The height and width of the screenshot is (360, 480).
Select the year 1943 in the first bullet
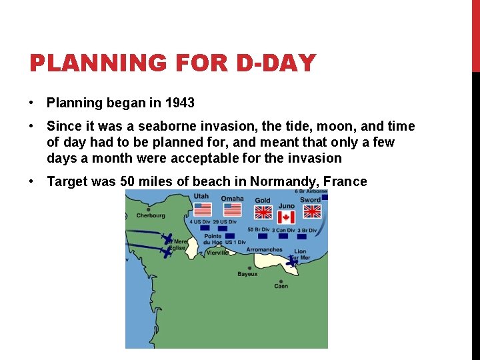pyautogui.click(x=180, y=103)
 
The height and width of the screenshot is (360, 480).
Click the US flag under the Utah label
pyautogui.click(x=202, y=209)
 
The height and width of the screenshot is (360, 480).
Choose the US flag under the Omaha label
pyautogui.click(x=232, y=209)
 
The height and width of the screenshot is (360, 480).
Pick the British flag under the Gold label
pyautogui.click(x=263, y=212)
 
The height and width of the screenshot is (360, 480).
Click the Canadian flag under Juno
pyautogui.click(x=286, y=217)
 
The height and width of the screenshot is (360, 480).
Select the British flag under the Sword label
pyautogui.click(x=312, y=211)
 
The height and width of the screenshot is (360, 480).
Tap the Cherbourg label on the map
pyautogui.click(x=151, y=215)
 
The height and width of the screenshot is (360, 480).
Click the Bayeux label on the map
pyautogui.click(x=247, y=273)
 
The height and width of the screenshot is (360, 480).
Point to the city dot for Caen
pyautogui.click(x=281, y=281)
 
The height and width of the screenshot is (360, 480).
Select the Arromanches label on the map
pyautogui.click(x=264, y=249)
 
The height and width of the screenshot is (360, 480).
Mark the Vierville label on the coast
pyautogui.click(x=217, y=253)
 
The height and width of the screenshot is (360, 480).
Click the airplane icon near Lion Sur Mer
pyautogui.click(x=292, y=261)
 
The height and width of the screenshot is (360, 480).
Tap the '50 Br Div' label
pyautogui.click(x=258, y=230)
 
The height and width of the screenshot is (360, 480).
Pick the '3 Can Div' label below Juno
pyautogui.click(x=283, y=230)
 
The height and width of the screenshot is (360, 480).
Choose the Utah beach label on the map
pyautogui.click(x=201, y=197)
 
